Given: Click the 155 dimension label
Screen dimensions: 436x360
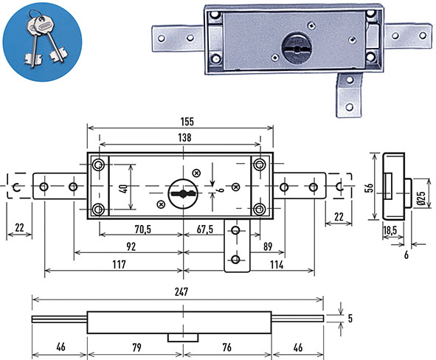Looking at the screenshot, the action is [x=187, y=122].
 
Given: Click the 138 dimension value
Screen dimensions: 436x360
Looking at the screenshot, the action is [x=184, y=138].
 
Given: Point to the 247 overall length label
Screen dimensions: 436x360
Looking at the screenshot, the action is [x=181, y=292].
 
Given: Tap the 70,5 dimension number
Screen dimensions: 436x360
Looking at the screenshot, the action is [x=142, y=229].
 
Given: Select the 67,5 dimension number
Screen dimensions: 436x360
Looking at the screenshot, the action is [x=205, y=229].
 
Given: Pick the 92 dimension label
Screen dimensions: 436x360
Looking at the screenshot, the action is [x=131, y=246].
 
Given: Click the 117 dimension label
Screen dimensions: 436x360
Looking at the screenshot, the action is [x=119, y=264].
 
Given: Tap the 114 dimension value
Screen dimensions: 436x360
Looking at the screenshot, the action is [x=277, y=265].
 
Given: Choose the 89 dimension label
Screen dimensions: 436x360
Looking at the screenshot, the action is [x=268, y=246].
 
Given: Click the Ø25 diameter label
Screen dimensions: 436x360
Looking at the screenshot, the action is [x=422, y=198].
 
